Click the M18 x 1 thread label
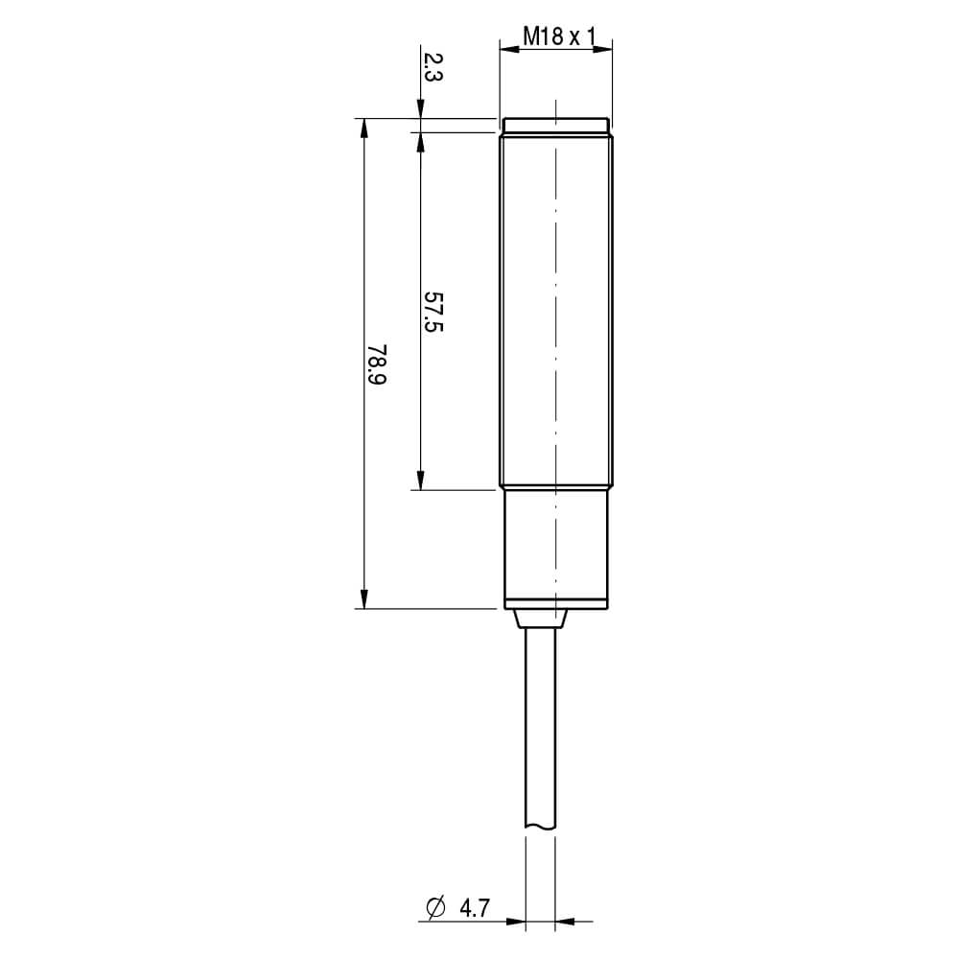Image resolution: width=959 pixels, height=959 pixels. (x=558, y=36)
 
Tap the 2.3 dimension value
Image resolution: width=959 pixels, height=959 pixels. (x=433, y=67)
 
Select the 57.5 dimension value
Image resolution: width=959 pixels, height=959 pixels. (x=433, y=312)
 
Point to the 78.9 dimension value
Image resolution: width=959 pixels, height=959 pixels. (x=377, y=363)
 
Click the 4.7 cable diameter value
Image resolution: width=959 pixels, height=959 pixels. (x=475, y=908)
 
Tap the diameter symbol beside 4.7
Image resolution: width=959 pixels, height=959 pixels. (x=435, y=908)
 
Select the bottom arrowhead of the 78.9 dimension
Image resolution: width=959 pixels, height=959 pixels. (x=363, y=599)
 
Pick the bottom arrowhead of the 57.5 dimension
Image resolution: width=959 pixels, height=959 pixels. (x=420, y=480)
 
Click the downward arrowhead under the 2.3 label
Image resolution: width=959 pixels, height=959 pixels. (x=420, y=108)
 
